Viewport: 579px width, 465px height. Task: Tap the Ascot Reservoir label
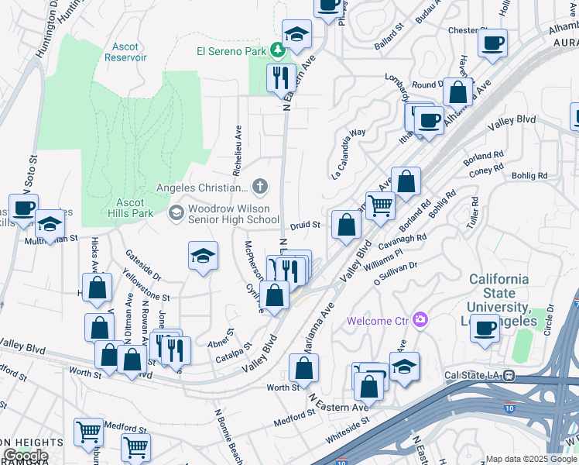[x=125, y=52]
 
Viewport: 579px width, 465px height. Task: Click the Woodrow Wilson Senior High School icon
[x=176, y=212]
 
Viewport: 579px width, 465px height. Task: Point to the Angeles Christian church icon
[x=260, y=186]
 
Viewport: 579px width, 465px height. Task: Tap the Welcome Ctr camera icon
[x=420, y=319]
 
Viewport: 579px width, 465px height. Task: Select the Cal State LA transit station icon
[x=509, y=375]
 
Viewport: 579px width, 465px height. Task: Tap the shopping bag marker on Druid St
[x=347, y=225]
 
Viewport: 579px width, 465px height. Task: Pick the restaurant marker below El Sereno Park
[x=281, y=77]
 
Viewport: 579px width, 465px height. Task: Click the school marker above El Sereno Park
[x=296, y=33]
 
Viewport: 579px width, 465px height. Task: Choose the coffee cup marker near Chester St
[x=492, y=43]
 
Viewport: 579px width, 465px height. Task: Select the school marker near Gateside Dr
[x=202, y=257]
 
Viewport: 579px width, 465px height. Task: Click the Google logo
[x=26, y=456]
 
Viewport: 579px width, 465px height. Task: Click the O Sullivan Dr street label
[x=396, y=277]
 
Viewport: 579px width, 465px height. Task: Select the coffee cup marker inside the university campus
[x=485, y=327]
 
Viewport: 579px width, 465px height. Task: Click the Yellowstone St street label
[x=146, y=284]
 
